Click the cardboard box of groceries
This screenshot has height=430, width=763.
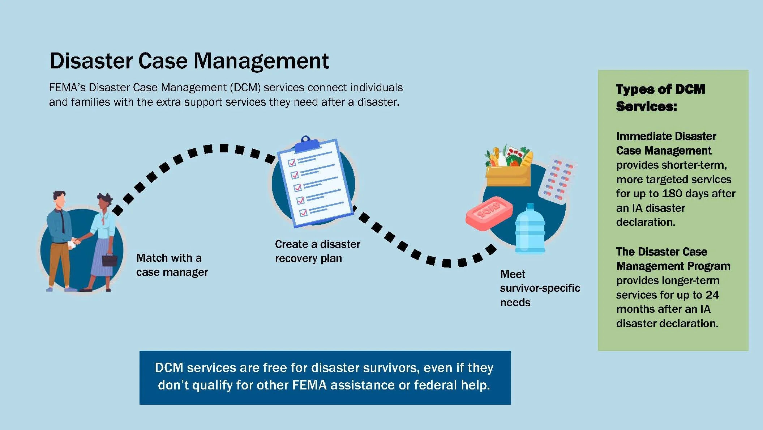[x=508, y=175]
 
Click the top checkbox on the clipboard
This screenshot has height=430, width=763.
[x=292, y=163]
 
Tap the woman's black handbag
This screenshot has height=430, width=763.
[x=109, y=260]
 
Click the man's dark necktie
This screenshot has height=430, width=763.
[x=63, y=220]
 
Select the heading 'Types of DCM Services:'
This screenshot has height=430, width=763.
[x=660, y=97]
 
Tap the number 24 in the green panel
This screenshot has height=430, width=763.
[x=712, y=295]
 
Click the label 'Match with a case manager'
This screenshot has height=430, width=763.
[x=172, y=265]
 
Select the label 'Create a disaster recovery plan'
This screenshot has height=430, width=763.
[x=317, y=251]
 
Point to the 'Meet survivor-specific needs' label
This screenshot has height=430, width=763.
[x=539, y=288]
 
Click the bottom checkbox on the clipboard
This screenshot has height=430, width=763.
[x=303, y=212]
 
